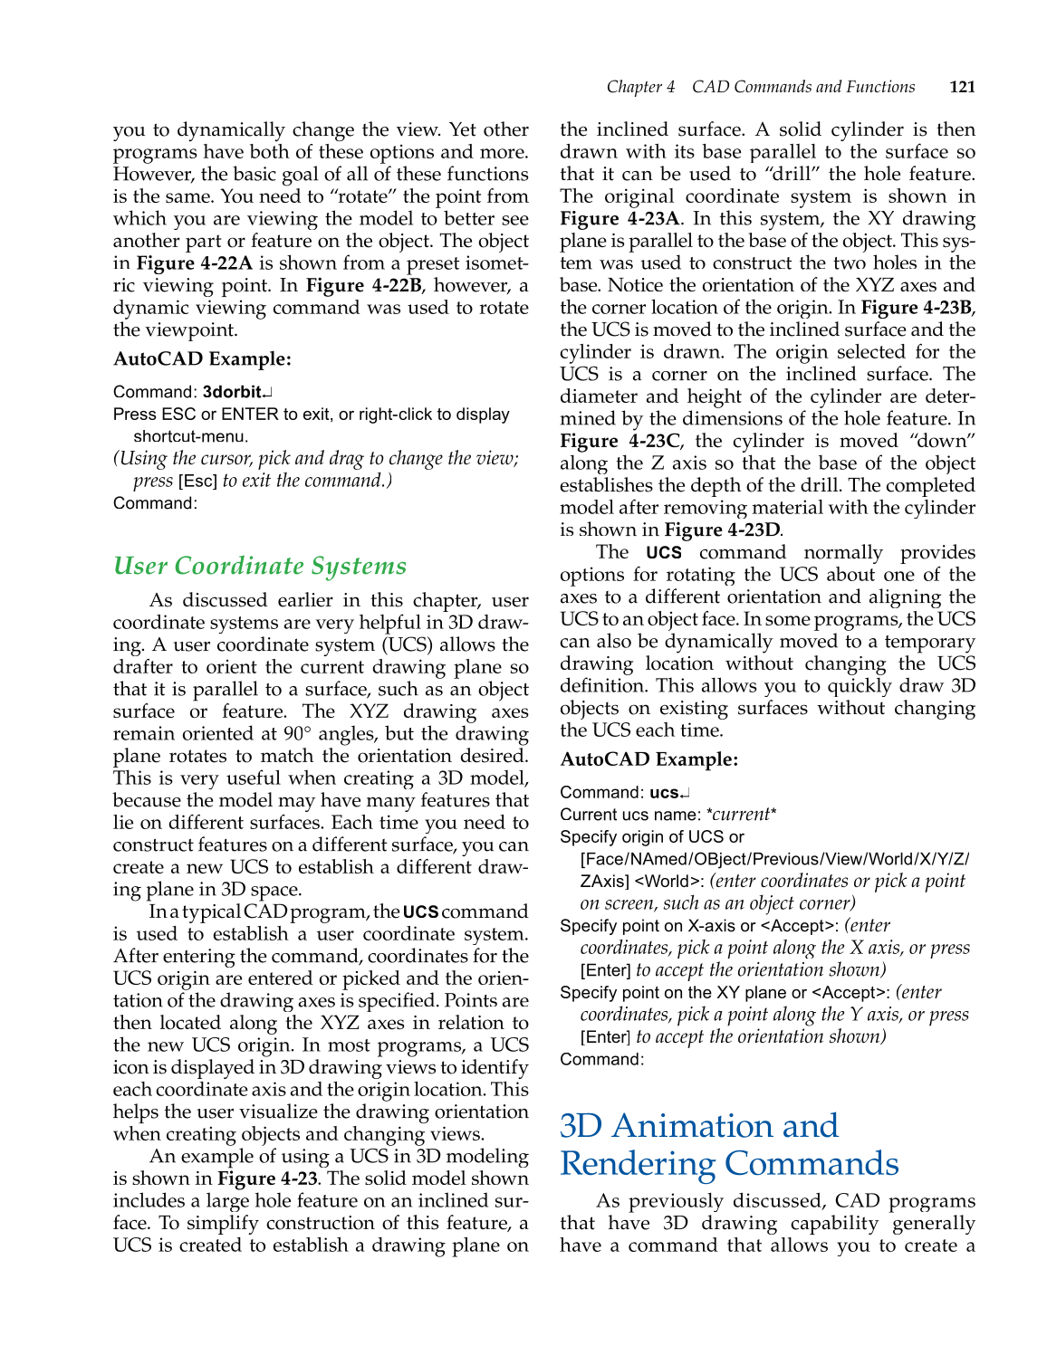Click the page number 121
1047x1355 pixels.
(962, 87)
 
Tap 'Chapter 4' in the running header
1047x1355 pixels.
(640, 87)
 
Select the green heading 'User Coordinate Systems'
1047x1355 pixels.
(260, 566)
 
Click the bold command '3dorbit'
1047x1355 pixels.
(232, 392)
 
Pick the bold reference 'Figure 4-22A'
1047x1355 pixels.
(194, 263)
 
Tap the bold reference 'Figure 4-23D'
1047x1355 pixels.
(722, 530)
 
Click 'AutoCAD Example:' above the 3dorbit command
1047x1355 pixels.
(202, 359)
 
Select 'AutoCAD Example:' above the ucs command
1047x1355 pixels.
(648, 759)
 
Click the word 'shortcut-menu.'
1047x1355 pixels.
(190, 436)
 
